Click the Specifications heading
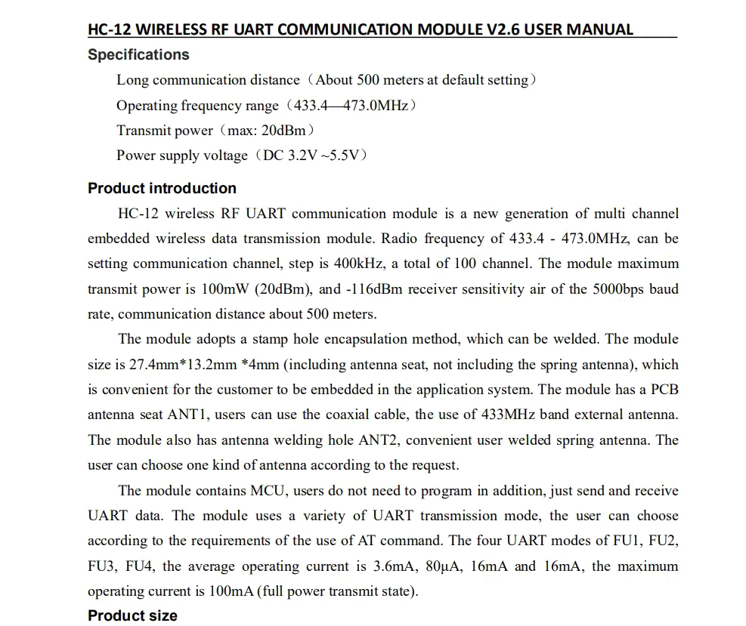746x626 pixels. (x=138, y=55)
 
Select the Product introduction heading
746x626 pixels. (x=162, y=189)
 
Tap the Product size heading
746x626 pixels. (x=132, y=615)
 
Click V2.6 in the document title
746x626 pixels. (x=500, y=30)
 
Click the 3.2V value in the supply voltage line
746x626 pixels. (x=304, y=156)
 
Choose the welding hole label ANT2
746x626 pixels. (x=383, y=440)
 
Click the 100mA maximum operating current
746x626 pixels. (x=231, y=591)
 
